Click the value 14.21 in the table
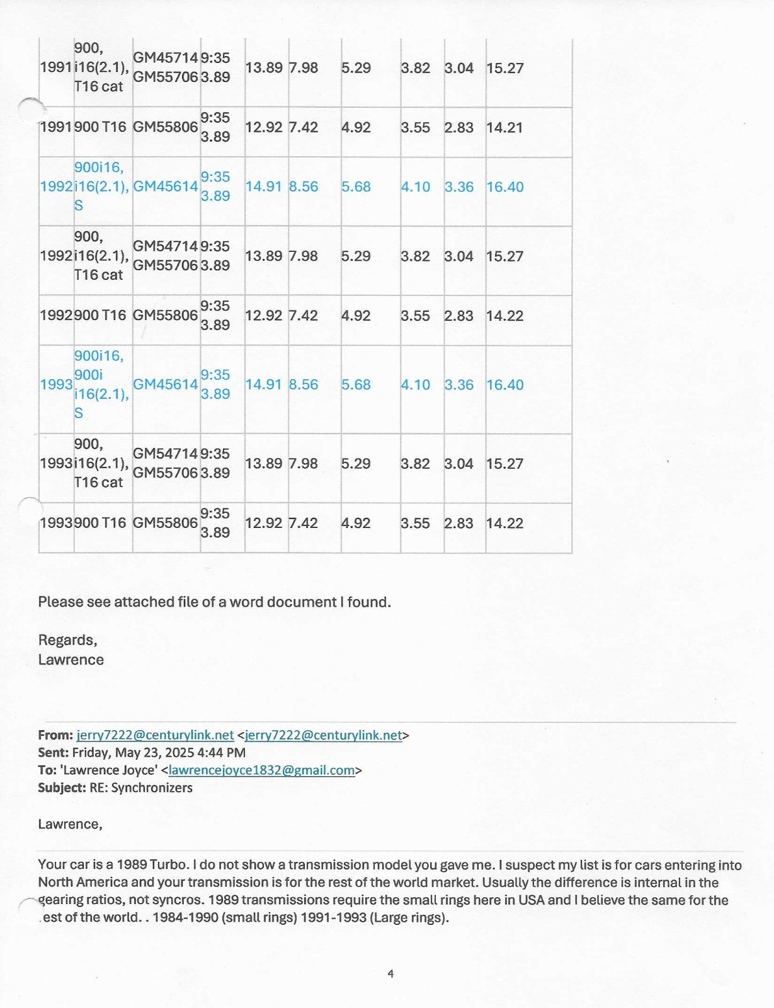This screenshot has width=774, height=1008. tap(504, 128)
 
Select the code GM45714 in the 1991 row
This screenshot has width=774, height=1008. tap(166, 58)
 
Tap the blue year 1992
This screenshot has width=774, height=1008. tap(56, 186)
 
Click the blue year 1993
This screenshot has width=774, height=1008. tap(56, 384)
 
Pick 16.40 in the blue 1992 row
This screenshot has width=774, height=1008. tap(504, 187)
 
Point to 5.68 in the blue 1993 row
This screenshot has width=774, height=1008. tap(356, 384)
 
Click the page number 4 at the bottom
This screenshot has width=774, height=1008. tap(390, 974)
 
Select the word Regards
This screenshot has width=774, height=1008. tap(67, 641)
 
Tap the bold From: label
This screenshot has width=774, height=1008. tap(55, 735)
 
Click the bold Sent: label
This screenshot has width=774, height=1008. tap(54, 753)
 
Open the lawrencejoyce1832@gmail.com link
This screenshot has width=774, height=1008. tap(261, 770)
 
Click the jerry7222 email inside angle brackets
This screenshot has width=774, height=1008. tap(323, 735)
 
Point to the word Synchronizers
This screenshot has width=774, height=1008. tap(152, 788)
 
